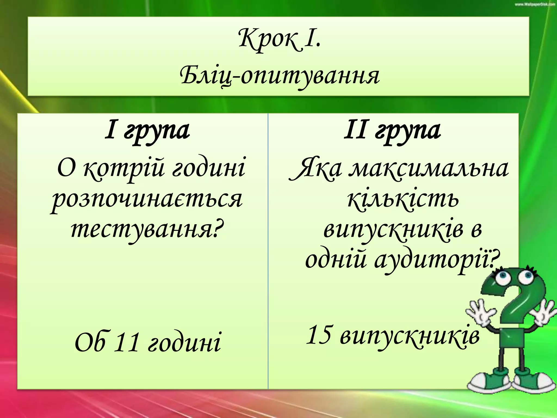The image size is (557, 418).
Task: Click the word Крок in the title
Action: [x=268, y=41]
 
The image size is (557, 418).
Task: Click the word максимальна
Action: [x=429, y=169]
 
